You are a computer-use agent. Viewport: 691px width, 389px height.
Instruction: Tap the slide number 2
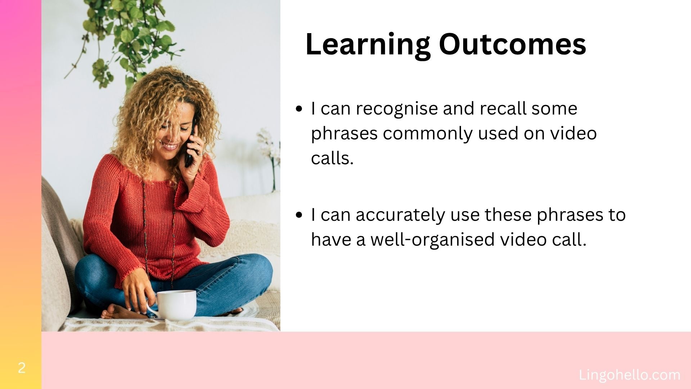pyautogui.click(x=22, y=368)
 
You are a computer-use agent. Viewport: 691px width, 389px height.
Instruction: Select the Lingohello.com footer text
pyautogui.click(x=629, y=375)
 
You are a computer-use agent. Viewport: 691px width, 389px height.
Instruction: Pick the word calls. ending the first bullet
pyautogui.click(x=332, y=158)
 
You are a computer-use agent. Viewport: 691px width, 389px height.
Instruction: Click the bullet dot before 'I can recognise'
pyautogui.click(x=299, y=109)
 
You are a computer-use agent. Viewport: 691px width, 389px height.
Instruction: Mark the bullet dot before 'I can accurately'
pyautogui.click(x=299, y=215)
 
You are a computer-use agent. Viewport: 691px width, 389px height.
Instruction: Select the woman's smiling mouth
pyautogui.click(x=170, y=146)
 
